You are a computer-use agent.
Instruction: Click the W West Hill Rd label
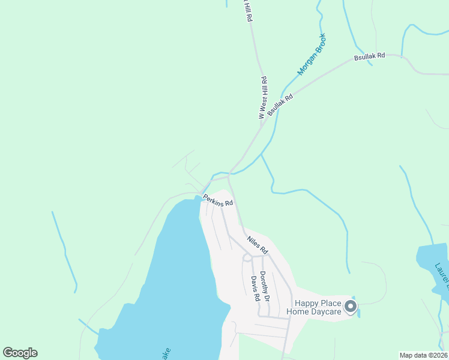[x=262, y=98]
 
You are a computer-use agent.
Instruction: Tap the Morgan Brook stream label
[x=311, y=54]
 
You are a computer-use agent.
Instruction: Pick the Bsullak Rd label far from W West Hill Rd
[x=369, y=57]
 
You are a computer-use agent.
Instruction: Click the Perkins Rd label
[x=217, y=200]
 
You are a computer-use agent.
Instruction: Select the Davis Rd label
[x=256, y=288]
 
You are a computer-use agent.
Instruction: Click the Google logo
[x=20, y=353]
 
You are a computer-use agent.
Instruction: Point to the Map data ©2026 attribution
[x=423, y=355]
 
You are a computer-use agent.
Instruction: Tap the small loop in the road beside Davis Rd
[x=246, y=258]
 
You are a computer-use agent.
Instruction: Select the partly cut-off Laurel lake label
[x=442, y=273]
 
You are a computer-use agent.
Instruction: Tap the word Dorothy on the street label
[x=265, y=278]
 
